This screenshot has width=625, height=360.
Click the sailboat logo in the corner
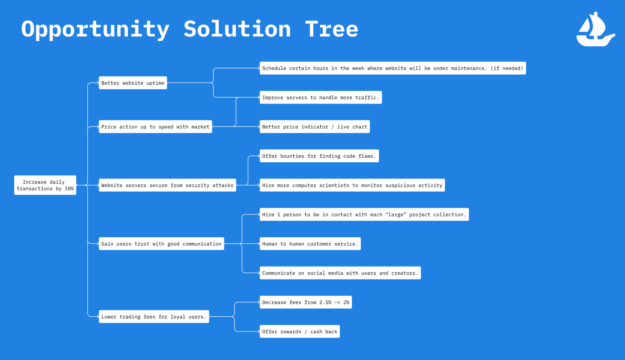(x=595, y=30)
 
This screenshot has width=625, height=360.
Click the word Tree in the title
(x=331, y=29)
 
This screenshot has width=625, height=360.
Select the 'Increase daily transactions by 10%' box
(x=45, y=185)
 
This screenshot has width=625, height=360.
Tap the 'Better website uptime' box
(x=133, y=83)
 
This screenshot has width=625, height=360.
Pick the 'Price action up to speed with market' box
(x=155, y=127)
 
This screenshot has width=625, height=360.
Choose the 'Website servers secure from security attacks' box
(x=167, y=185)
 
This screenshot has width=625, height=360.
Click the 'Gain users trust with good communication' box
(x=161, y=244)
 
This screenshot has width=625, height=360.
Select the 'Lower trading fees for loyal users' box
(x=154, y=317)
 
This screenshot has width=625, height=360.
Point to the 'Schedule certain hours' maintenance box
(x=392, y=68)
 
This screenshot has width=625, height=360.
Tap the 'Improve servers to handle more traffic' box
(x=320, y=98)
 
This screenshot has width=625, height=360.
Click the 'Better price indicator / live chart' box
(x=314, y=127)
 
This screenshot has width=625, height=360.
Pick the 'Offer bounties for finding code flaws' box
(x=319, y=156)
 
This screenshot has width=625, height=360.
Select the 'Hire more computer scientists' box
(x=352, y=185)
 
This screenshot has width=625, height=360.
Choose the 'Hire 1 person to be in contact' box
(x=364, y=215)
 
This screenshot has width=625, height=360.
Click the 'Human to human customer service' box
(x=310, y=244)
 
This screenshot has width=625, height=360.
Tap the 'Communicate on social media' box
(x=340, y=273)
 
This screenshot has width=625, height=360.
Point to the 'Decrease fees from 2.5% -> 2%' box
(x=305, y=302)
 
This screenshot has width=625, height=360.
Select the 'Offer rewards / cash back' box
(x=299, y=332)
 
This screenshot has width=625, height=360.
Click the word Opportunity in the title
(x=95, y=29)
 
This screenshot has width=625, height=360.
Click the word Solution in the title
(x=237, y=29)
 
